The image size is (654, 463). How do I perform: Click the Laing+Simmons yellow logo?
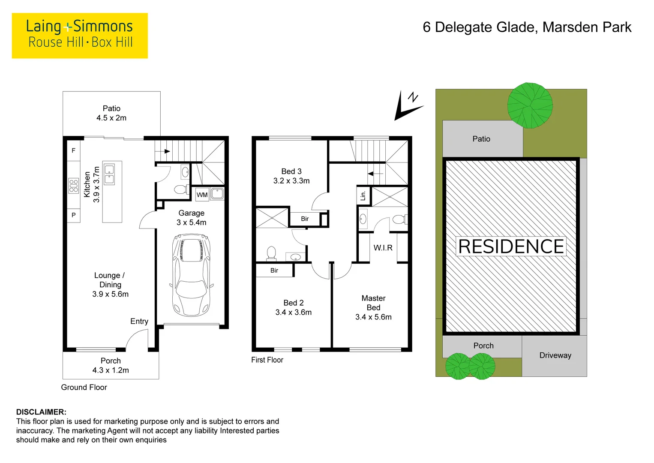tap(80, 35)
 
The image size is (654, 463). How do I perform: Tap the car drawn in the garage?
tap(191, 274)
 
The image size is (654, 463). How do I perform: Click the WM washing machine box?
tap(202, 195)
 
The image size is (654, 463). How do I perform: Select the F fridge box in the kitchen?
tap(73, 150)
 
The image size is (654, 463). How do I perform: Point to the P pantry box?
tap(73, 215)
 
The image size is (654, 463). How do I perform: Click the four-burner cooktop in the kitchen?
tap(73, 186)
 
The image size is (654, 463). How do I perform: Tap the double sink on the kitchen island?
tap(109, 174)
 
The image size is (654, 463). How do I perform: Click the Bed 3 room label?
tap(291, 176)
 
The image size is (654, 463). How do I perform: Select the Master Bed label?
tap(373, 307)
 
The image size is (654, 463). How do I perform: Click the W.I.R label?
tap(383, 248)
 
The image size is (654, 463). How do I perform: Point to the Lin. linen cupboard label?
tap(363, 195)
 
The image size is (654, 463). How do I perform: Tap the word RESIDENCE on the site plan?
tap(511, 247)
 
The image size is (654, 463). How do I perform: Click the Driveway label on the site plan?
tap(555, 355)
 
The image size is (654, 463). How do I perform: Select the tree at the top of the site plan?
tap(530, 105)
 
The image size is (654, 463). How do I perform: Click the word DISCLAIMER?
tap(41, 412)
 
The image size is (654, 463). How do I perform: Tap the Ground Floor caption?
tap(84, 387)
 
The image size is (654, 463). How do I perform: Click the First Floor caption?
tap(267, 360)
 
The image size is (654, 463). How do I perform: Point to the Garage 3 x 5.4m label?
tap(191, 218)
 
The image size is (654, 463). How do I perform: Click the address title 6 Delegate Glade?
tap(527, 27)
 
